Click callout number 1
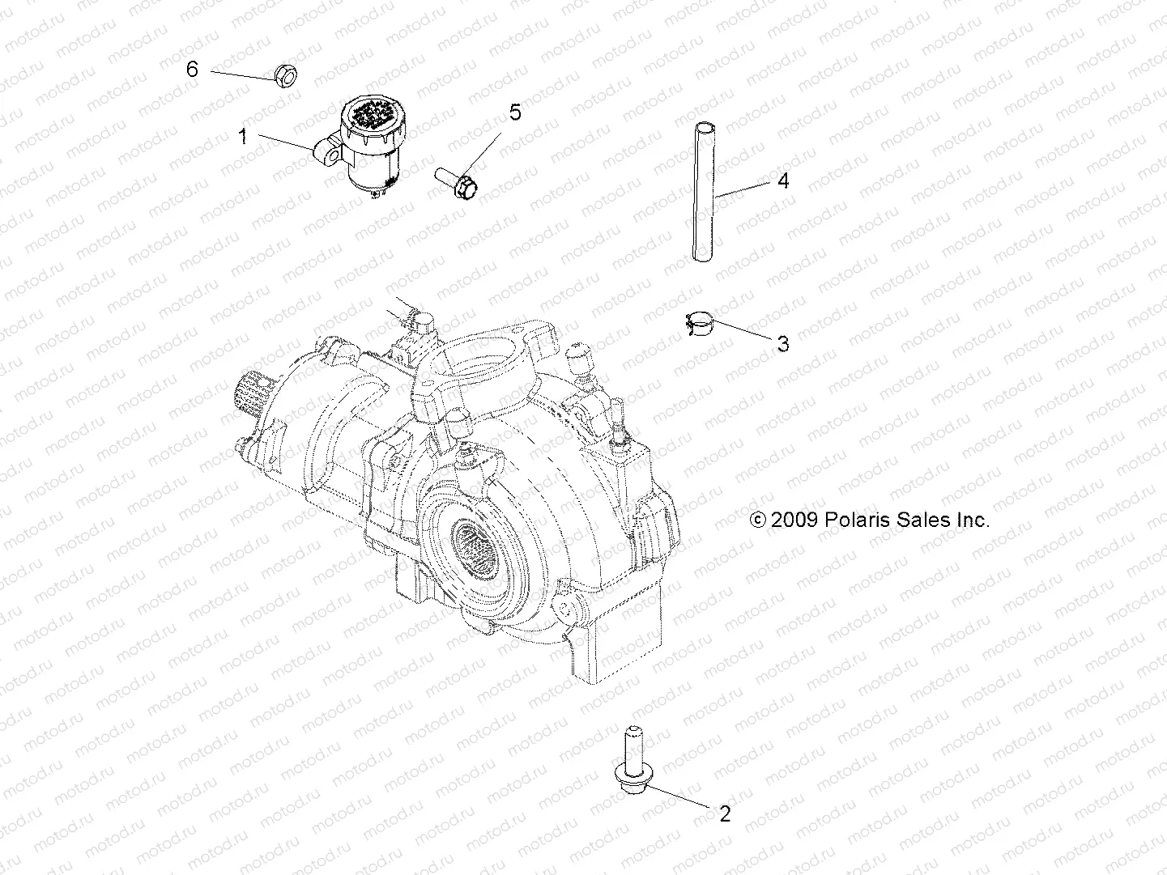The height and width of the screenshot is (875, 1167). [241, 136]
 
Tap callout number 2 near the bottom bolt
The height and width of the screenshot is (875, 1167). [725, 813]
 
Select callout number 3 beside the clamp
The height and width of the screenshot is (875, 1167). [782, 344]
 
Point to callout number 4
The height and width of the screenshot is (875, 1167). [782, 181]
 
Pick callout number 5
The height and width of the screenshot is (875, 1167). [515, 113]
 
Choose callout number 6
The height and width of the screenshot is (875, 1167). [192, 70]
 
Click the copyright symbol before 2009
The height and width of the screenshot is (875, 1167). [759, 520]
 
